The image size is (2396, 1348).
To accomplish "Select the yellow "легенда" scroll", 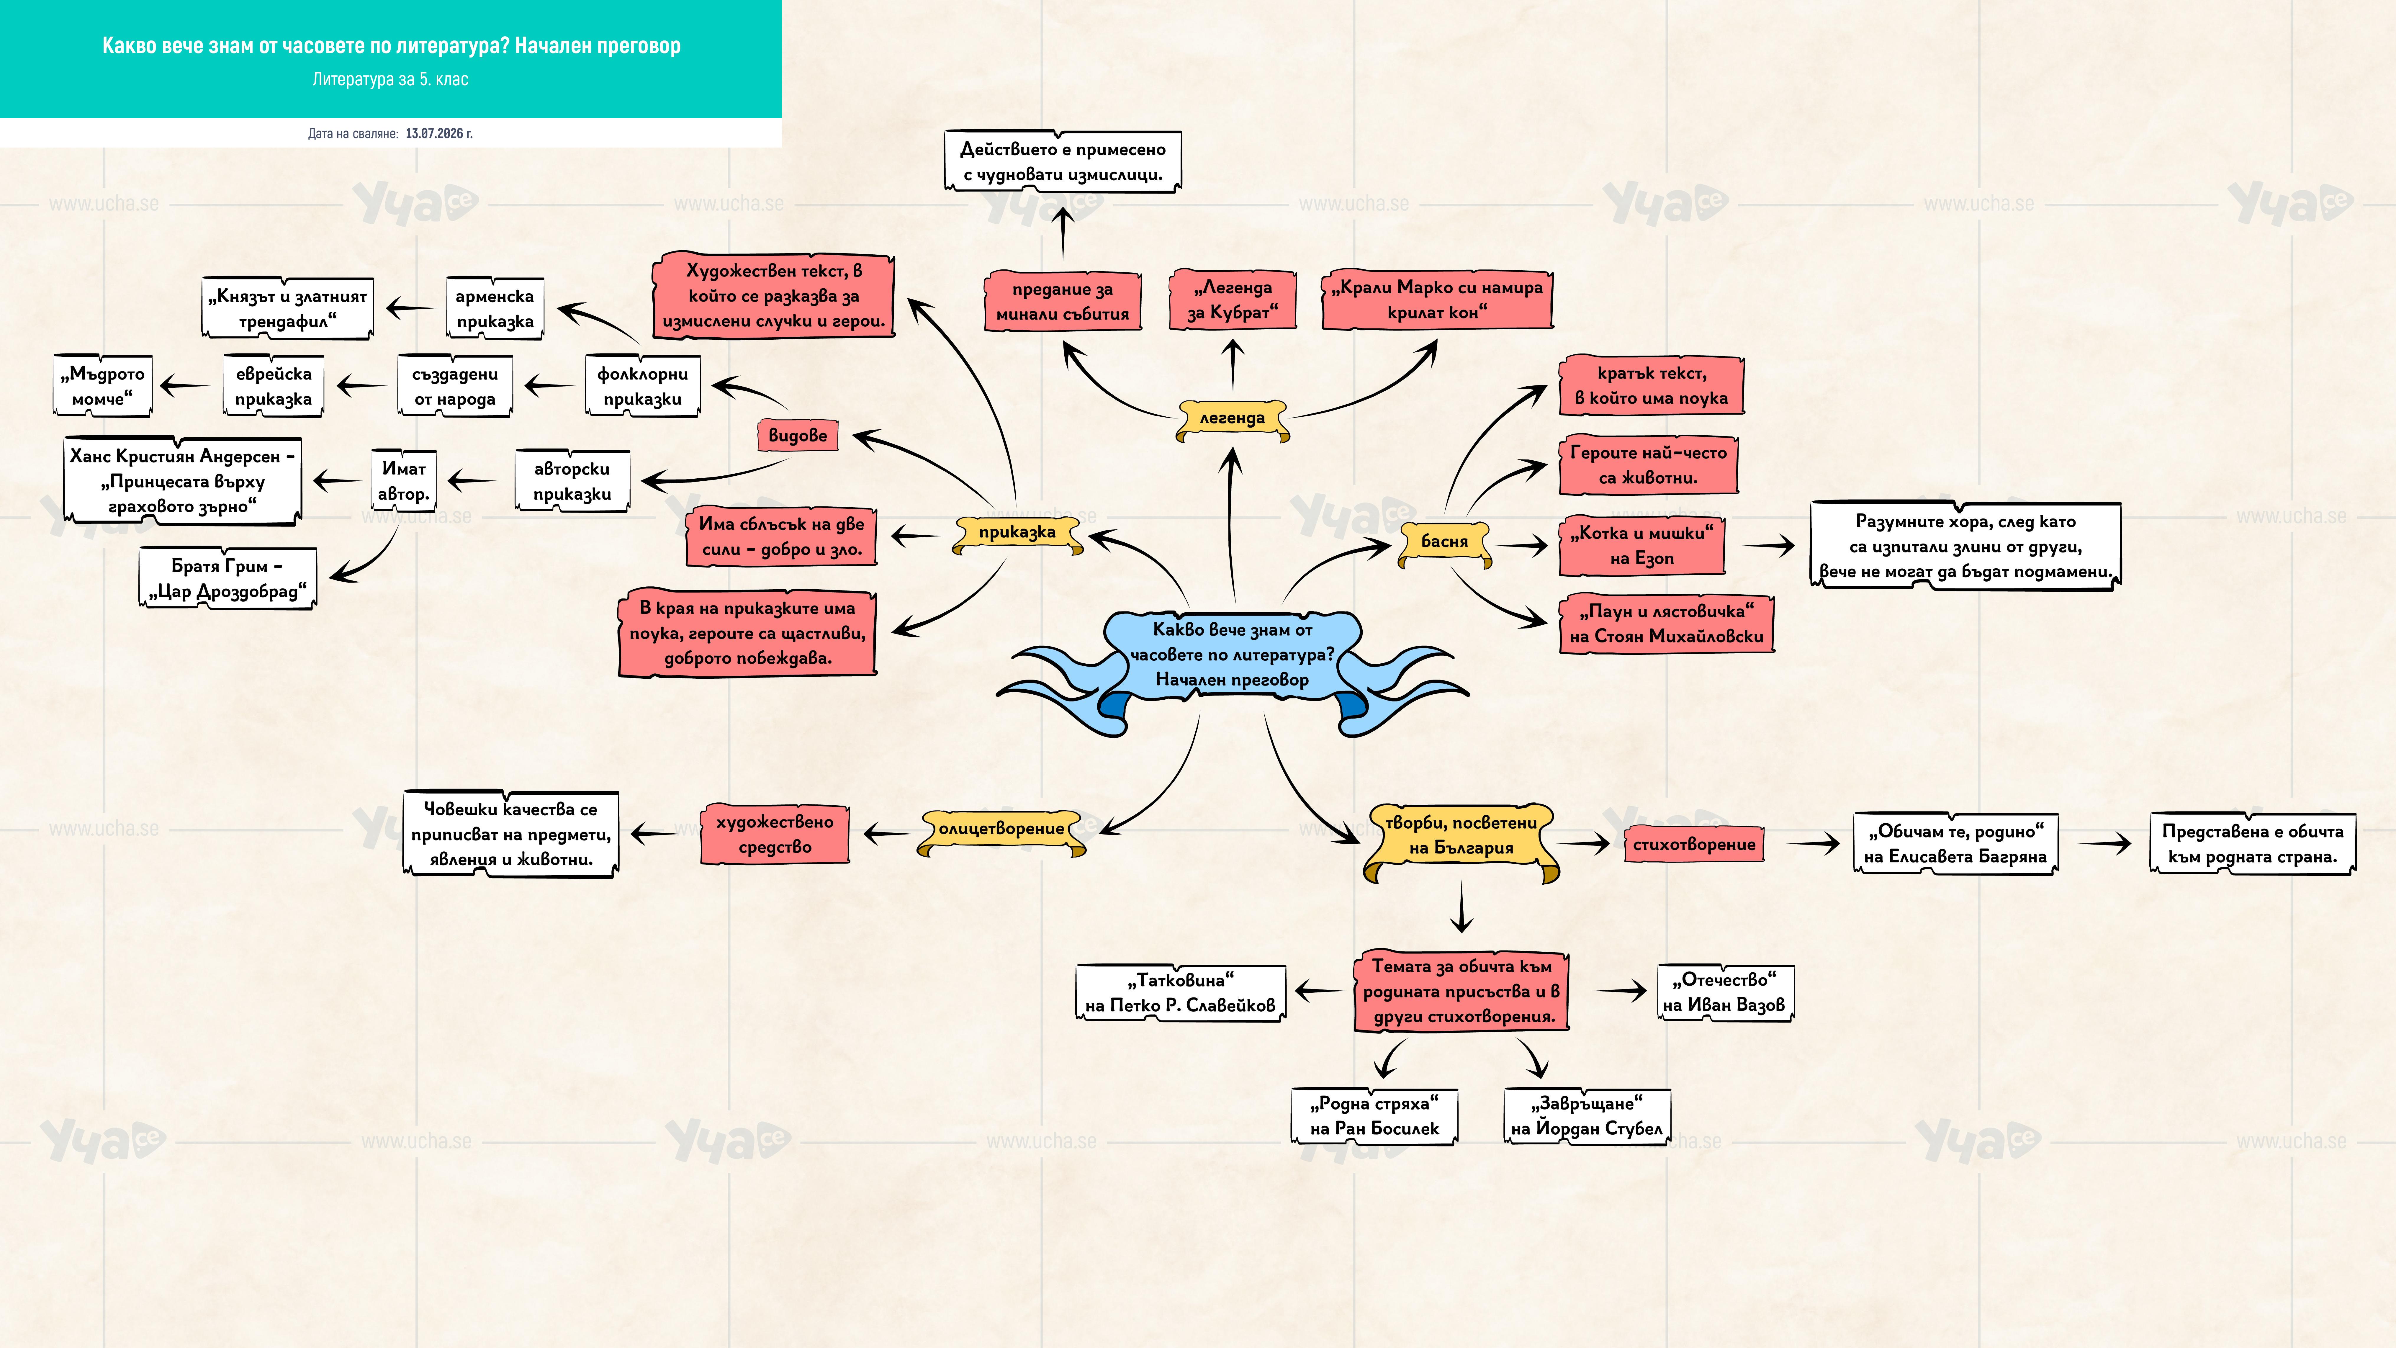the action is pyautogui.click(x=1233, y=420).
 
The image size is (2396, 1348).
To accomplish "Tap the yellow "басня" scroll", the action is pyautogui.click(x=1444, y=542).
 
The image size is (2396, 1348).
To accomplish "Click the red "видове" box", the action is pyautogui.click(x=797, y=435).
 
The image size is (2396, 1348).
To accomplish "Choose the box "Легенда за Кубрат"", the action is pyautogui.click(x=1233, y=300).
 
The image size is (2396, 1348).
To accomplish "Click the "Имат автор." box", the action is pyautogui.click(x=404, y=481).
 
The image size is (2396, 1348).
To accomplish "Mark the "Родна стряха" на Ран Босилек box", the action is pyautogui.click(x=1374, y=1116).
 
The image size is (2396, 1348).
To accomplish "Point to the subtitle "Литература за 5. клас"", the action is pyautogui.click(x=391, y=79).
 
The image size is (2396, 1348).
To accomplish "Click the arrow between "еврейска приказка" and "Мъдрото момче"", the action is pyautogui.click(x=185, y=385).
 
